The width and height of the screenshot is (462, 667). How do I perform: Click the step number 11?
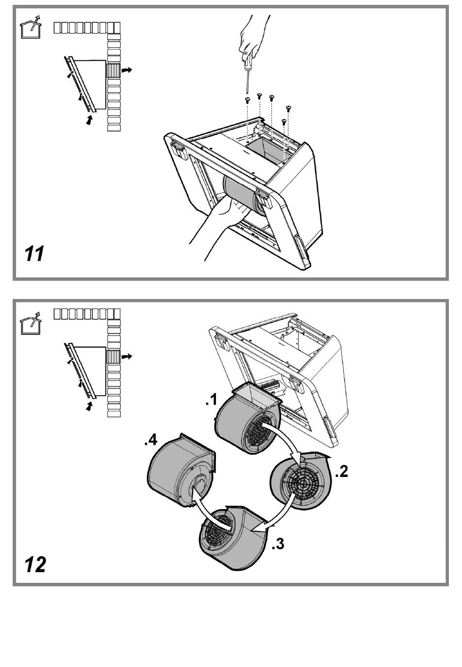[34, 254]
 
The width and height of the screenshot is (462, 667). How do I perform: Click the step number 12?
[35, 564]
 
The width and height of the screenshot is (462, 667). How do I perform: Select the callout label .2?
[341, 472]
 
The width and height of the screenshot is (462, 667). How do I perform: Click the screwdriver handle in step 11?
[248, 64]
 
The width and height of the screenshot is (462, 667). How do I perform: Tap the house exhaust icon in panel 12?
[30, 323]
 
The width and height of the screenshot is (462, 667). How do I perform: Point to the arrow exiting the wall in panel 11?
[126, 70]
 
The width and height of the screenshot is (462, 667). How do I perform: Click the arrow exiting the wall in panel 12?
[126, 356]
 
